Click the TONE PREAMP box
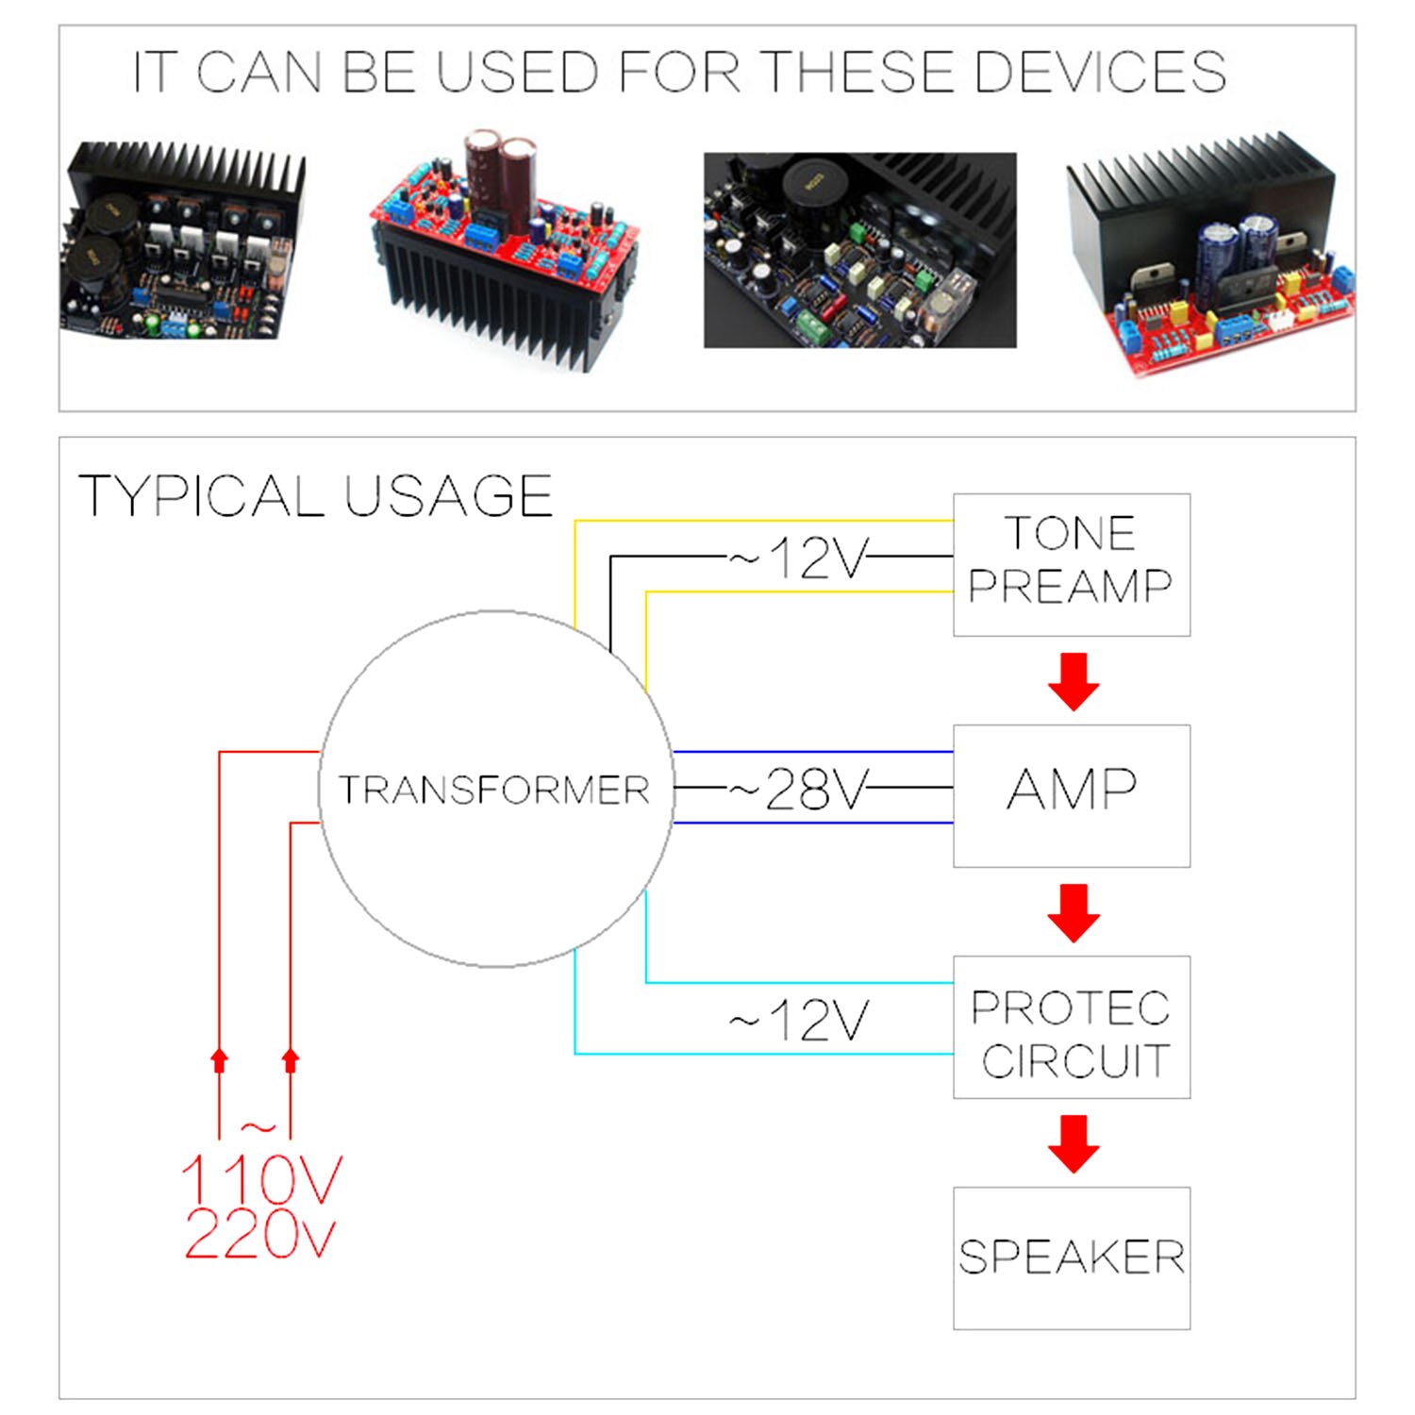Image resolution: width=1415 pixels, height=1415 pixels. [1071, 564]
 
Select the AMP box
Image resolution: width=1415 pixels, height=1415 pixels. [1071, 795]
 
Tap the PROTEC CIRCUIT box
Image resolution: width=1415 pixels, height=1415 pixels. [1071, 1026]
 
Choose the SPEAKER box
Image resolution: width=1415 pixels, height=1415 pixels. [1071, 1257]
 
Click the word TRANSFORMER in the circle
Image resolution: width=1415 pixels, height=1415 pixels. [494, 790]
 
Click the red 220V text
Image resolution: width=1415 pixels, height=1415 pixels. [260, 1234]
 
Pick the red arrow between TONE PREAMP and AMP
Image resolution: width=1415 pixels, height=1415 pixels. [1074, 681]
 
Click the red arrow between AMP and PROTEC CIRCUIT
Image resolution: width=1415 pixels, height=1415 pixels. [1074, 912]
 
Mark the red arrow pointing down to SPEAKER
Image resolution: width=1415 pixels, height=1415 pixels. [1074, 1143]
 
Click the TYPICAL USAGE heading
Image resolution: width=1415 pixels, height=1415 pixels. [315, 496]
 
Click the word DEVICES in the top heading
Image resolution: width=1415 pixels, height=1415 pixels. [1100, 72]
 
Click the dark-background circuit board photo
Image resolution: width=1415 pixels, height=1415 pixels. [859, 250]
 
